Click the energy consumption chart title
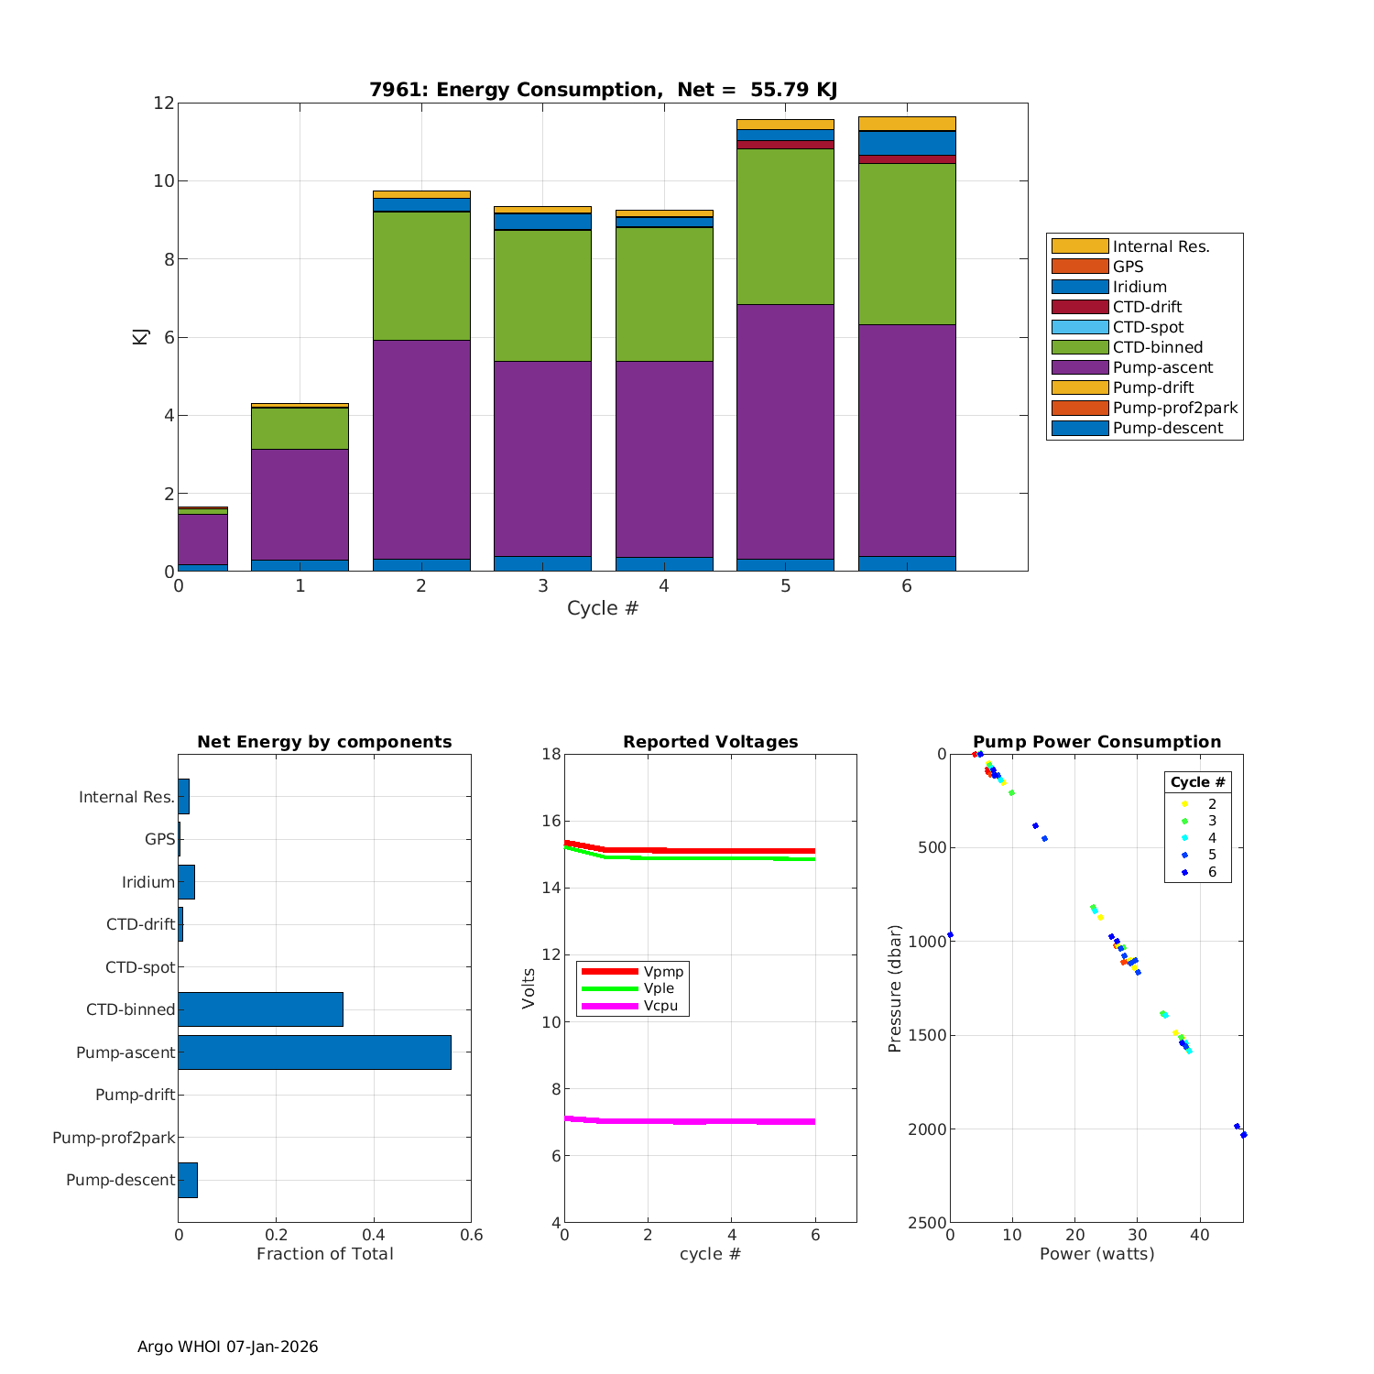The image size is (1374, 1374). pyautogui.click(x=603, y=90)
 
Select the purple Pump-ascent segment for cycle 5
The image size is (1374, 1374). pyautogui.click(x=785, y=431)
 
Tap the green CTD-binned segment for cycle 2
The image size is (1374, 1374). pyautogui.click(x=421, y=275)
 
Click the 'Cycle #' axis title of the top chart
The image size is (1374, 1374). pyautogui.click(x=603, y=608)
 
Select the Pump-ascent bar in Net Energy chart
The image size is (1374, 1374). pyautogui.click(x=314, y=1052)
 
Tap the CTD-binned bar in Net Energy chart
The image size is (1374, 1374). pyautogui.click(x=260, y=1009)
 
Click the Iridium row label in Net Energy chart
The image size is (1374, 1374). pyautogui.click(x=147, y=882)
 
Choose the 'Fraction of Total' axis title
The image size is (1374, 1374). pyautogui.click(x=324, y=1254)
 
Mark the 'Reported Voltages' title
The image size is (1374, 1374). pyautogui.click(x=710, y=742)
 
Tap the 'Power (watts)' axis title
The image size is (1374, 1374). pyautogui.click(x=1096, y=1254)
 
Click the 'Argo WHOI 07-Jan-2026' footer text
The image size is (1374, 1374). pyautogui.click(x=227, y=1347)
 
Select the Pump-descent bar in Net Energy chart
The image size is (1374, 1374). pyautogui.click(x=188, y=1180)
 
